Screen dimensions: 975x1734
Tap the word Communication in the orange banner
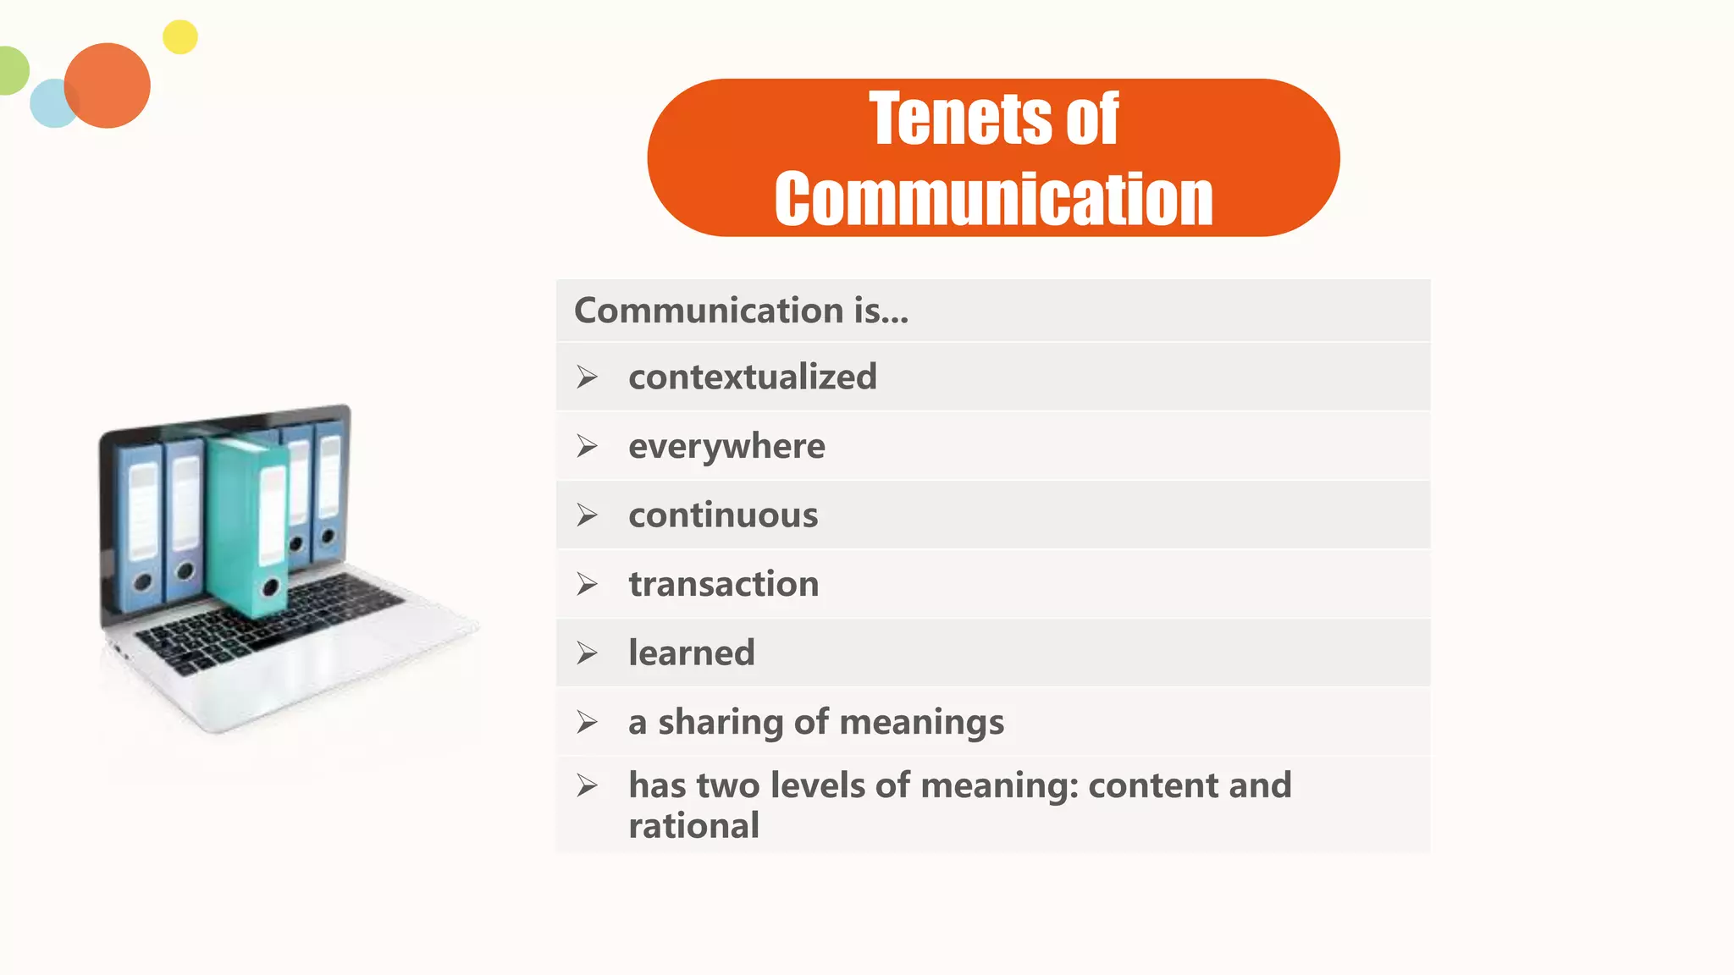tap(993, 199)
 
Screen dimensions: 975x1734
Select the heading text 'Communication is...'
tap(741, 311)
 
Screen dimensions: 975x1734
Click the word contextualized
tap(752, 377)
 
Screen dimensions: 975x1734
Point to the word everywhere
tap(726, 446)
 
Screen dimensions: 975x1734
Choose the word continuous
tap(723, 515)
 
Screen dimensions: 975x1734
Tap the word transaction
tap(723, 584)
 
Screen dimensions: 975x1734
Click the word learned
tap(691, 653)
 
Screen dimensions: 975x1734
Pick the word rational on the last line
tap(693, 825)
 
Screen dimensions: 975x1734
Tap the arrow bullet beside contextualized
tap(587, 377)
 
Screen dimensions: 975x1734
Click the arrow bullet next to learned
tap(587, 653)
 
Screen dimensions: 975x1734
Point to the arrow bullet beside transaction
tap(587, 584)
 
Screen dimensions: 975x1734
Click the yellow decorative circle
tap(179, 37)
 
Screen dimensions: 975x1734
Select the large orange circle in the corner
tap(108, 85)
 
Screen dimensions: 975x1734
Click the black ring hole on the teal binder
tap(271, 587)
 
